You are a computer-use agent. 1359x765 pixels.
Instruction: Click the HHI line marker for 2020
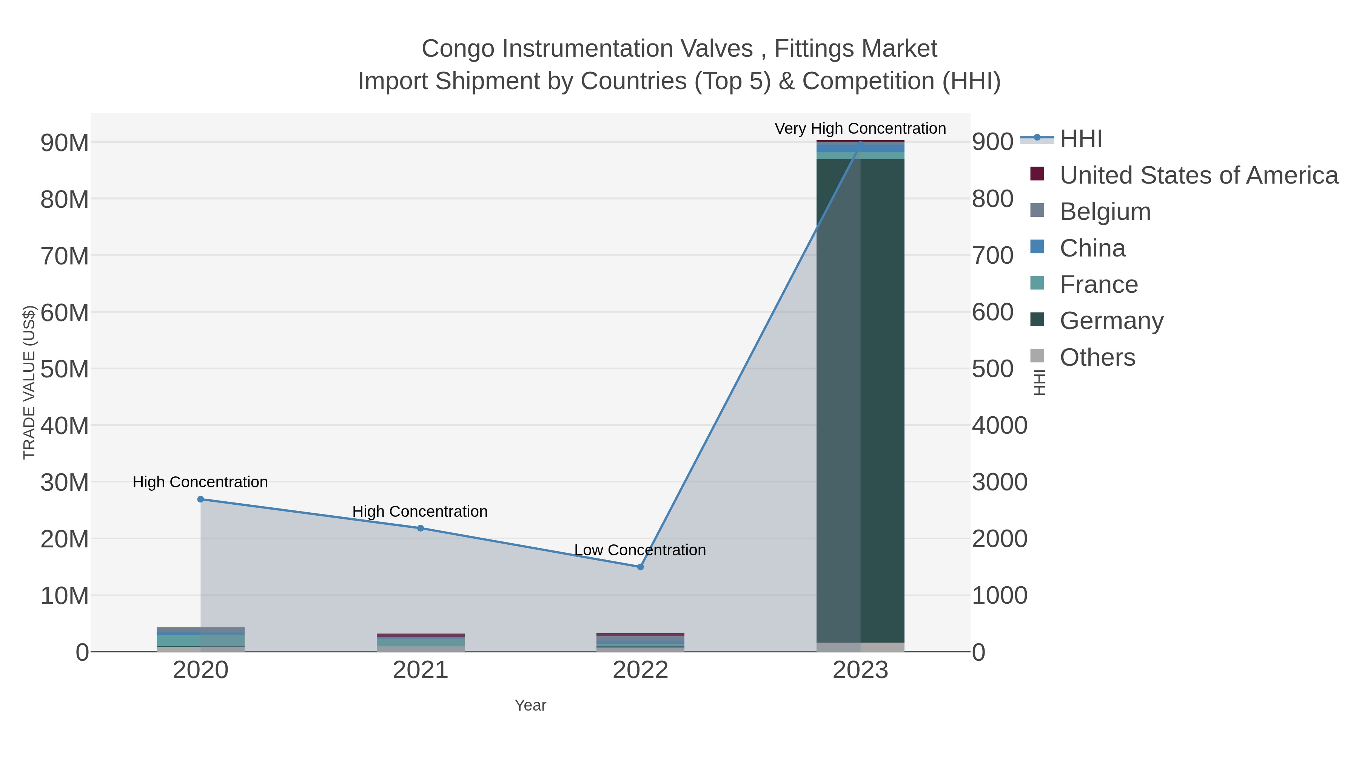(200, 499)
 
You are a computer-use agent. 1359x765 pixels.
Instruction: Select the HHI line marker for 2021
(421, 528)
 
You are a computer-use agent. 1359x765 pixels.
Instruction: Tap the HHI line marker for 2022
(641, 567)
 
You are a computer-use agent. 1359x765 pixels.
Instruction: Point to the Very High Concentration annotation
(860, 129)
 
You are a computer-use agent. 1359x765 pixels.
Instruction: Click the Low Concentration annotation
(640, 550)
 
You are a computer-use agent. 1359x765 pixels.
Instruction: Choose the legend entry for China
(1092, 248)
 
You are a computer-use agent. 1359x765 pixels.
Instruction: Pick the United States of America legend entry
(1199, 175)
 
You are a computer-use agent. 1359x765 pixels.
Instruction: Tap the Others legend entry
(1097, 357)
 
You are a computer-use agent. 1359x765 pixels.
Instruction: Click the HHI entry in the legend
(1080, 139)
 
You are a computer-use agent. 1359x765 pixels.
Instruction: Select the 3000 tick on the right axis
(999, 482)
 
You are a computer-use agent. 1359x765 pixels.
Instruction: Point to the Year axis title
(530, 705)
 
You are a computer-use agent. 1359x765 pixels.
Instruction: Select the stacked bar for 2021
(421, 643)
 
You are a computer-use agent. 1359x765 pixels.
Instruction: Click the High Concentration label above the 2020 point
(200, 482)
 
